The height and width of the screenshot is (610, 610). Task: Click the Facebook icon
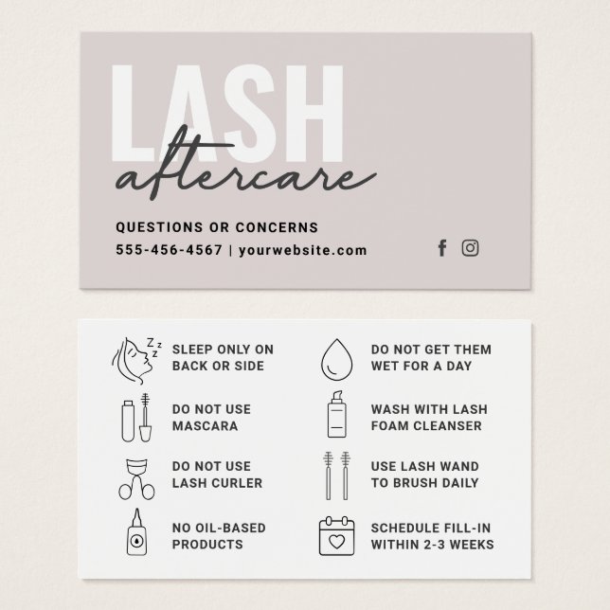coord(441,248)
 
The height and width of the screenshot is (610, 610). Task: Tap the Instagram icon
coord(470,248)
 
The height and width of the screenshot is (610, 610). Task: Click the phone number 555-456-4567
coord(169,251)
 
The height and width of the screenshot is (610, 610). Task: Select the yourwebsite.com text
coord(301,251)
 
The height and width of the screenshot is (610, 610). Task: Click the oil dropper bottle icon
coord(133,535)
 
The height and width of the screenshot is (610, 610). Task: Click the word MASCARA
coord(205,426)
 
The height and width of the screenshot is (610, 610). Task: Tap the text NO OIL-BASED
coord(219,527)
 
